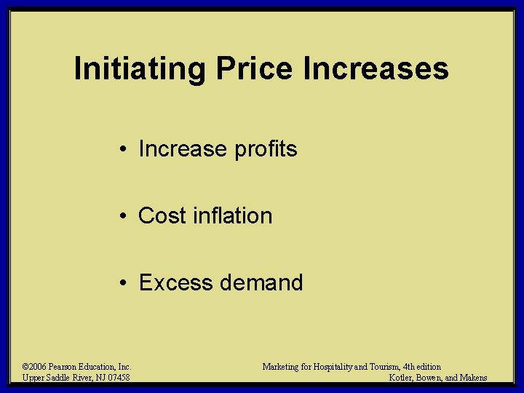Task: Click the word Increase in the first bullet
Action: pos(183,149)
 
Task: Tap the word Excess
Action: pos(175,282)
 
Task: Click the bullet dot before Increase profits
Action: pos(126,150)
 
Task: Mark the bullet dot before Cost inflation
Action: pos(126,216)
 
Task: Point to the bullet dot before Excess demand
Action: pos(126,282)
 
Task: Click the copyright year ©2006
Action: pos(35,367)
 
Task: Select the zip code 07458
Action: pos(117,378)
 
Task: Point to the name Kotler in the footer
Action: pos(402,378)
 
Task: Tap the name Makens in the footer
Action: pos(473,378)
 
